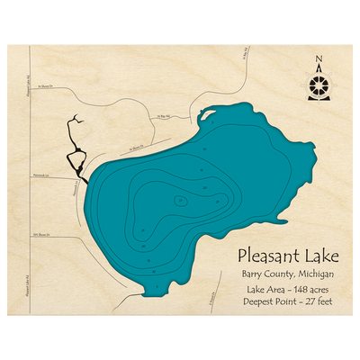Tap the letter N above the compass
click(x=319, y=61)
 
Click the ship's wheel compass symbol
click(x=319, y=87)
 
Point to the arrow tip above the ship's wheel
click(x=319, y=70)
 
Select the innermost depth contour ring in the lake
click(x=181, y=200)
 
